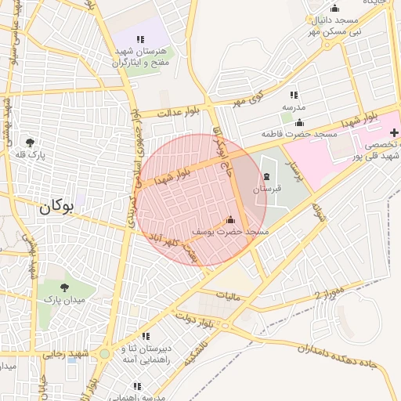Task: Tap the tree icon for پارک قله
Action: pyautogui.click(x=30, y=143)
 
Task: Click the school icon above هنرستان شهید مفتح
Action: pyautogui.click(x=140, y=38)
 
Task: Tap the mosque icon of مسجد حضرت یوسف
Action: pyautogui.click(x=230, y=220)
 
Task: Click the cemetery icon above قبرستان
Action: pyautogui.click(x=268, y=175)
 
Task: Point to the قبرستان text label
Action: pyautogui.click(x=267, y=189)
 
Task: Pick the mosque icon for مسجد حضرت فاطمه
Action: pyautogui.click(x=298, y=121)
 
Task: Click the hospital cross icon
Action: pyautogui.click(x=393, y=132)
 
